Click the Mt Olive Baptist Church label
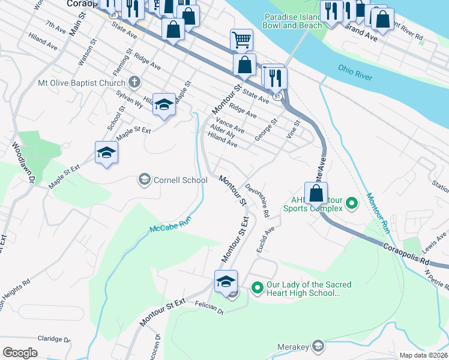pyautogui.click(x=82, y=82)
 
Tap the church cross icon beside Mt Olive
pyautogui.click(x=134, y=82)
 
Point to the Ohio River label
pyautogui.click(x=355, y=73)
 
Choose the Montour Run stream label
pyautogui.click(x=379, y=213)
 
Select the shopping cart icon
pyautogui.click(x=241, y=40)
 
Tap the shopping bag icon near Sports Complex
pyautogui.click(x=316, y=194)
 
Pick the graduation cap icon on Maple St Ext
pyautogui.click(x=106, y=152)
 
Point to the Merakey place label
pyautogui.click(x=292, y=347)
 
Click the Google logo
pyautogui.click(x=20, y=352)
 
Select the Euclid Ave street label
pyautogui.click(x=268, y=239)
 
